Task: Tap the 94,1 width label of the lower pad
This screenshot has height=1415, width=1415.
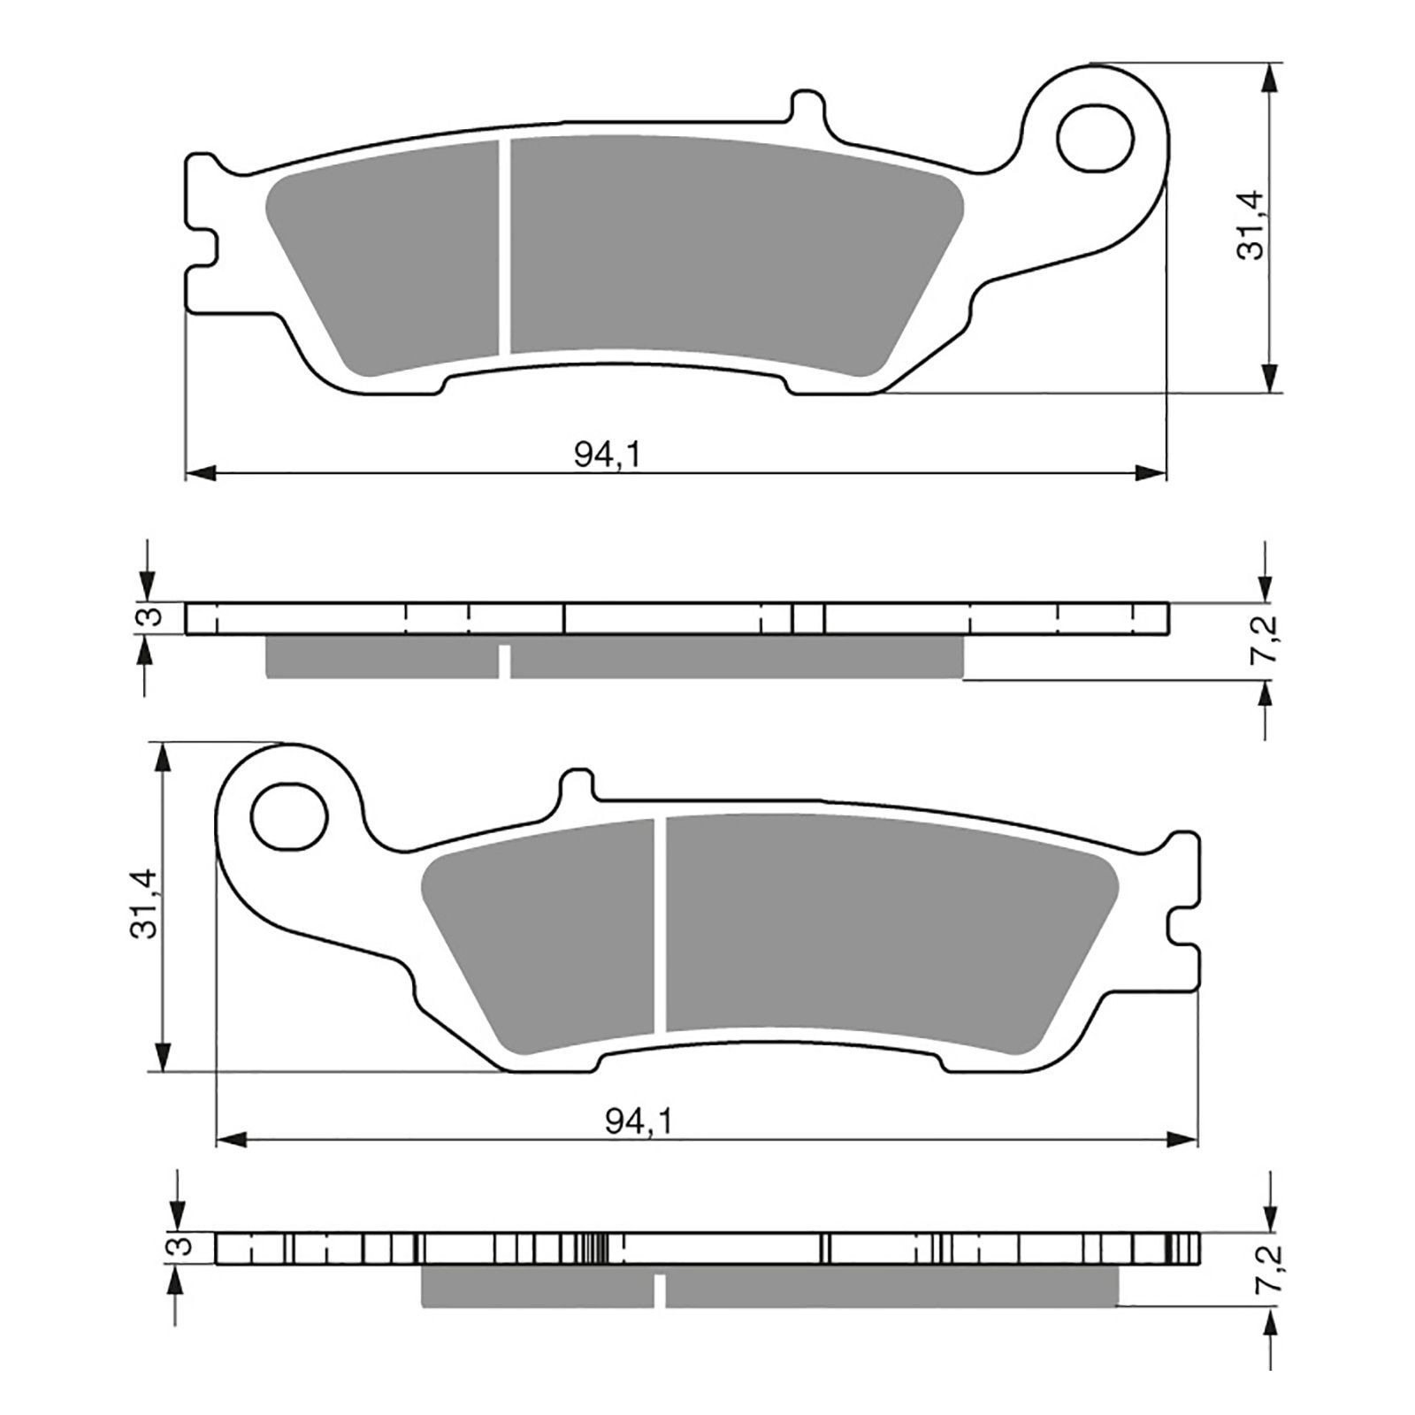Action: click(x=639, y=1122)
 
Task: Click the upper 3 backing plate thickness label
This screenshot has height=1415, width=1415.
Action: click(x=152, y=617)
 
